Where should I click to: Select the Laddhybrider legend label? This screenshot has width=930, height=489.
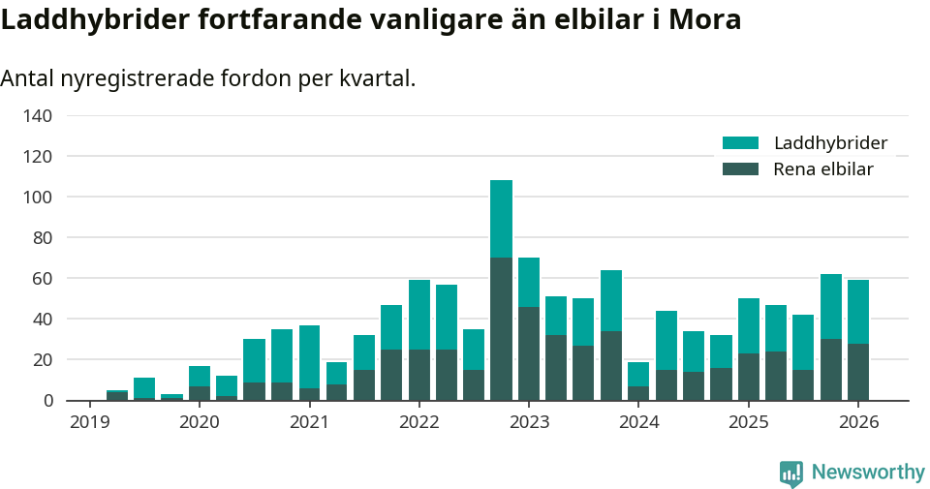830,143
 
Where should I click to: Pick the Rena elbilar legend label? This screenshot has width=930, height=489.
823,169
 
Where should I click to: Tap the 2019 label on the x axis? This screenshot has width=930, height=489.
89,422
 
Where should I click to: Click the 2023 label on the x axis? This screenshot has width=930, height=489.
529,422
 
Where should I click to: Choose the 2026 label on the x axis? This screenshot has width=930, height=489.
858,422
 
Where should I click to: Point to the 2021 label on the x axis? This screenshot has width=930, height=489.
309,422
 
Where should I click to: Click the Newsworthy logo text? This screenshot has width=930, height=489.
868,473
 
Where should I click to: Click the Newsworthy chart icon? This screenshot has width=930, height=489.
790,474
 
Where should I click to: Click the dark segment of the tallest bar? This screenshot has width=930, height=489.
501,329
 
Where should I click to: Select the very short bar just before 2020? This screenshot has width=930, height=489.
171,397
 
